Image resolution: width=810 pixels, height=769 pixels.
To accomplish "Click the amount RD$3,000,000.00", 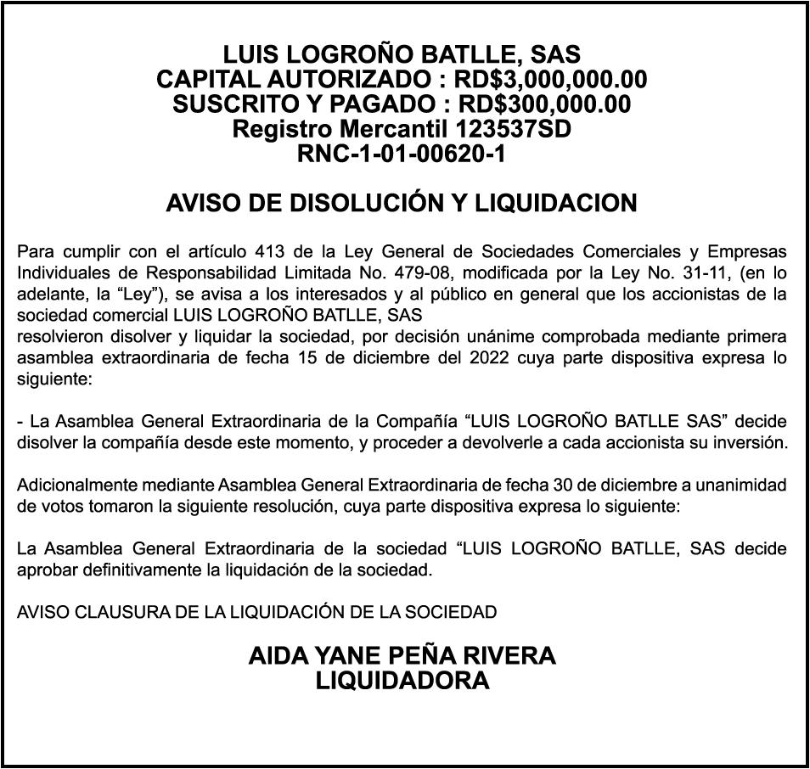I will [x=551, y=80].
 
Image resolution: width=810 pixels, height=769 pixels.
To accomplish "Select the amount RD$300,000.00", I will [x=544, y=104].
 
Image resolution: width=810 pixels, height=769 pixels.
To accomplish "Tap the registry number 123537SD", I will [x=514, y=130].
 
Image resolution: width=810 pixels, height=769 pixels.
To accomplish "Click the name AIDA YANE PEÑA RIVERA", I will [x=402, y=656].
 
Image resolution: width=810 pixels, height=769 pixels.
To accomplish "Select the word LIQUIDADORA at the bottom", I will [x=402, y=681].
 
